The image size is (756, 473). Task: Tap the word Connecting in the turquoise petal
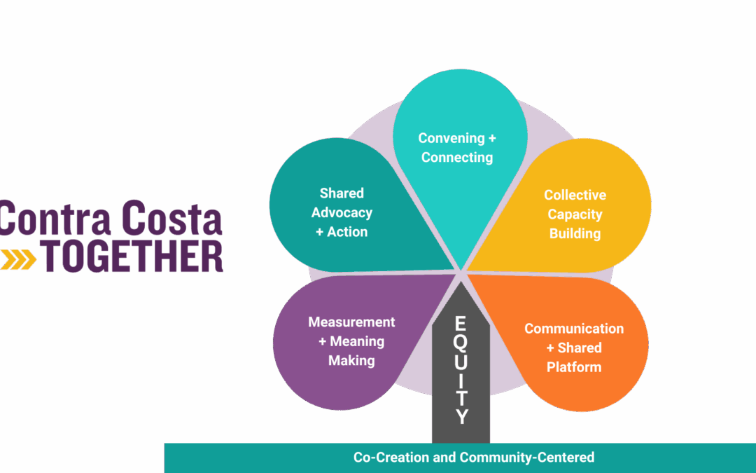(x=457, y=158)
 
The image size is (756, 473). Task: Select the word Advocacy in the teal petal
(x=342, y=212)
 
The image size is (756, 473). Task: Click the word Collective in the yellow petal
(x=575, y=196)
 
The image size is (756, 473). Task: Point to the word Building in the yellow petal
(x=575, y=233)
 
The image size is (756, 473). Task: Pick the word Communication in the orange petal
(x=574, y=329)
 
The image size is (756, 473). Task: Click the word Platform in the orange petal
(x=574, y=366)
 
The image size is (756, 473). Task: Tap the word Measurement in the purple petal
(x=351, y=322)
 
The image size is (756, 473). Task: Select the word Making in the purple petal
(x=351, y=360)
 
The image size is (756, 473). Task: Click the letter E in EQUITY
(x=461, y=324)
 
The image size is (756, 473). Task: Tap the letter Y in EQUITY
(x=461, y=416)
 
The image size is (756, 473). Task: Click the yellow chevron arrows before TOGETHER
(x=19, y=259)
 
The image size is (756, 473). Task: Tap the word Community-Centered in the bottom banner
(x=526, y=458)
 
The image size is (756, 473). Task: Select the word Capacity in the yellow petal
(x=575, y=214)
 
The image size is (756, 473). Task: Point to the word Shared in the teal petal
(x=342, y=193)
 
